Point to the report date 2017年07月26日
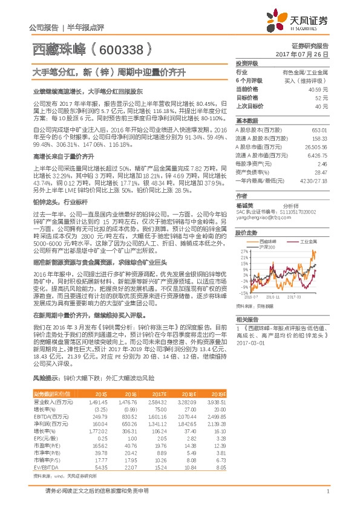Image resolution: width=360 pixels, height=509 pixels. tap(306, 54)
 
